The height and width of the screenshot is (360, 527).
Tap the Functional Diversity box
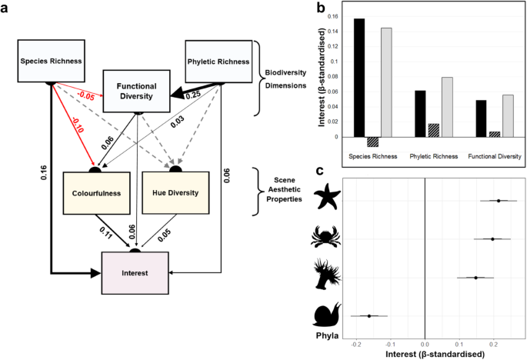point(137,92)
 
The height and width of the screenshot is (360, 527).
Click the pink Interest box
point(135,272)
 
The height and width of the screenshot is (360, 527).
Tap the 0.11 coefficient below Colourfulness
point(107,229)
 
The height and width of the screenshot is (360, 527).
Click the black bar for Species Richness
point(359,78)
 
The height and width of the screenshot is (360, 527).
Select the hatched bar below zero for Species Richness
point(372,142)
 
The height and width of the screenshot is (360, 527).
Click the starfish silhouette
point(326,201)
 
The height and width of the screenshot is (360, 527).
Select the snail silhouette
point(327,315)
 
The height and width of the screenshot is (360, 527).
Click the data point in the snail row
point(369,315)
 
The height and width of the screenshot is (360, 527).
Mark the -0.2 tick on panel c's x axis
point(356,344)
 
